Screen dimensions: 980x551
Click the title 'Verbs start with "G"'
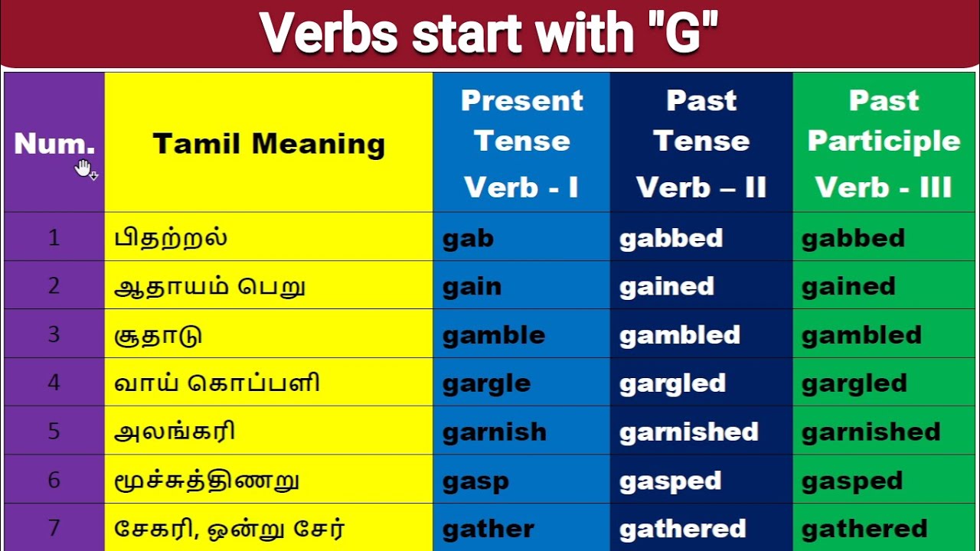[489, 33]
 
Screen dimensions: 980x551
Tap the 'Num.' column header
[54, 143]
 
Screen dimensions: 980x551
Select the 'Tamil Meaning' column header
[269, 144]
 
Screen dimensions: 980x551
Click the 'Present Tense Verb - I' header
[521, 143]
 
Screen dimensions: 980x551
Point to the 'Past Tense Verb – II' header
[701, 143]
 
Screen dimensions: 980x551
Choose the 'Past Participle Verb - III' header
[884, 143]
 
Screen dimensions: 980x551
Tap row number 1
[54, 238]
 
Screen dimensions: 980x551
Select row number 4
[54, 383]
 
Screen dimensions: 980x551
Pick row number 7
[54, 527]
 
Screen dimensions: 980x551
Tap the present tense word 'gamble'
[494, 336]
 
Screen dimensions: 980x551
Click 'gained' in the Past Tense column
[667, 287]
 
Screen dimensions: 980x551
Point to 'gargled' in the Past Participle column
[854, 384]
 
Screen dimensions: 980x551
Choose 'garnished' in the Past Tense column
[688, 432]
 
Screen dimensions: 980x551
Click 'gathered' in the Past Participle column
[864, 529]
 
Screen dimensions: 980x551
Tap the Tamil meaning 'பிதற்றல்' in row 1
[171, 237]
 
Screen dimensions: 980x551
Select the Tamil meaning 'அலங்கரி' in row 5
[174, 431]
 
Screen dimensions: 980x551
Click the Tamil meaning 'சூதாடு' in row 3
[158, 335]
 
